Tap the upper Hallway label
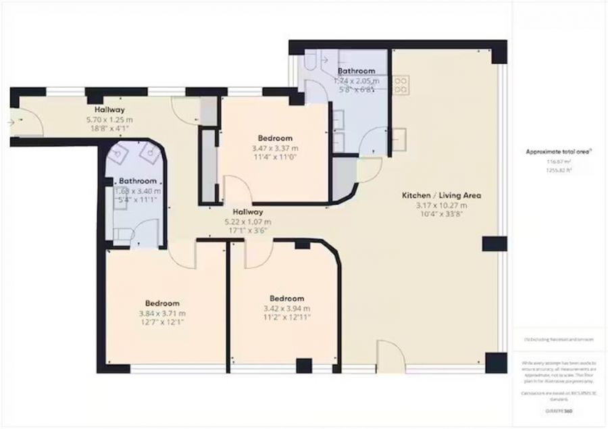(x=109, y=109)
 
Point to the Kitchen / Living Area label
(x=441, y=195)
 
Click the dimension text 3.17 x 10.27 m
(x=441, y=205)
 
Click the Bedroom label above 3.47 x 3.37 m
(x=275, y=138)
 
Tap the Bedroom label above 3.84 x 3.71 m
(x=163, y=303)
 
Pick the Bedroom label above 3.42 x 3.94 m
(x=286, y=298)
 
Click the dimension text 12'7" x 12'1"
(x=163, y=322)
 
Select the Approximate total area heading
(x=559, y=152)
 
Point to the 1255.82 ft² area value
(x=559, y=170)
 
